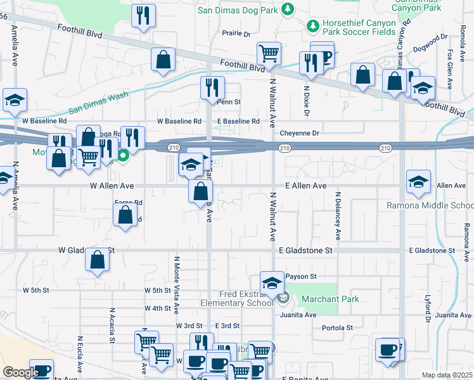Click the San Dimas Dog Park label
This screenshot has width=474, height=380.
click(x=238, y=9)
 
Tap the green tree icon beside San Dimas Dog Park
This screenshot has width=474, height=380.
click(x=288, y=9)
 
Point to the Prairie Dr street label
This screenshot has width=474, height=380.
click(x=236, y=34)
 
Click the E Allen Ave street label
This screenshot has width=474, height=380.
click(x=305, y=186)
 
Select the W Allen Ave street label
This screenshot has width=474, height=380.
click(x=112, y=186)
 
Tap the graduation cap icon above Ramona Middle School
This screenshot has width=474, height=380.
click(x=418, y=182)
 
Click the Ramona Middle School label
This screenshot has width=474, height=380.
click(x=430, y=205)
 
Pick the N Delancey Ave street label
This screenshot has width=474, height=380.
click(x=338, y=215)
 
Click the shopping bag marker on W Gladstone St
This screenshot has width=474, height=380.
click(x=97, y=260)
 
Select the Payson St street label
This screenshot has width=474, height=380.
click(x=301, y=276)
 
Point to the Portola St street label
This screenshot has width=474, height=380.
click(x=337, y=327)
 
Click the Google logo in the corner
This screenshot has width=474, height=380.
click(x=20, y=372)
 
